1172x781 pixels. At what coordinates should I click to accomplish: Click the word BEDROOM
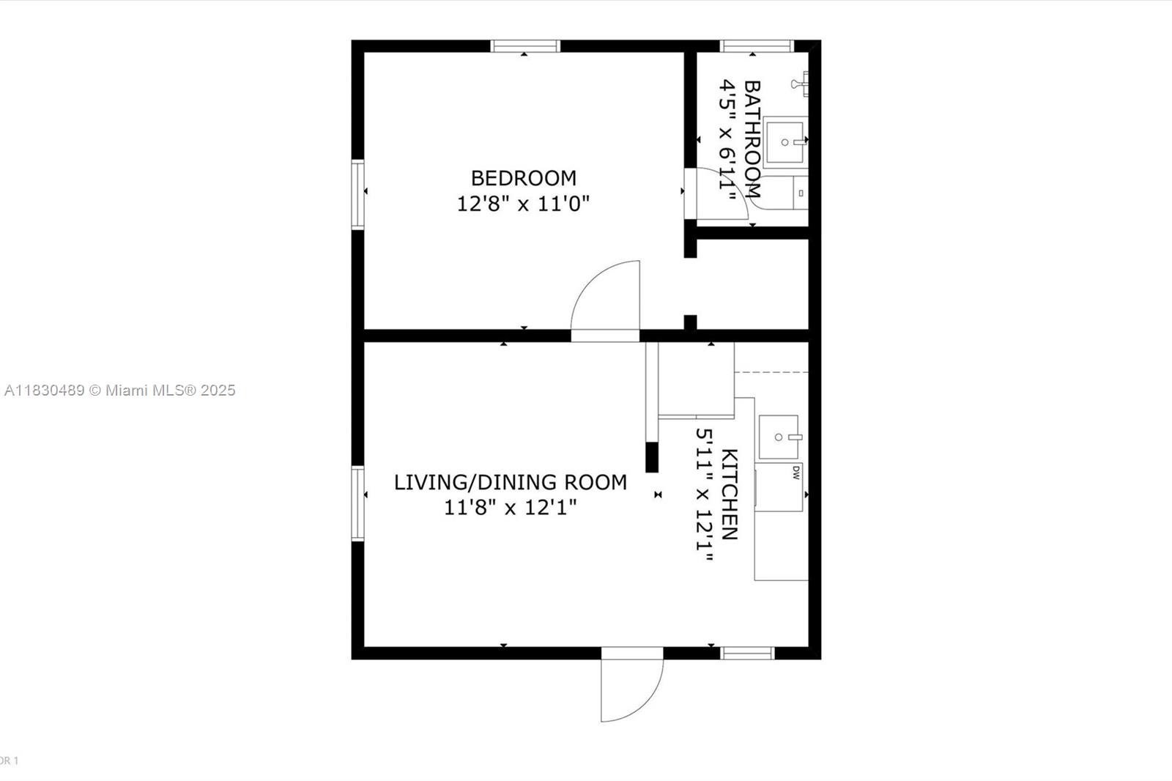523,178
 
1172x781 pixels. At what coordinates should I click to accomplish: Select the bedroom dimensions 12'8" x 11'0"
523,204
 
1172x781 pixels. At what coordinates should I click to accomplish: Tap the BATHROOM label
752,139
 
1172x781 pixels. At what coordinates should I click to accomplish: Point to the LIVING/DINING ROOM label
510,482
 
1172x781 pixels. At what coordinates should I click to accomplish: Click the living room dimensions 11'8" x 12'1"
510,507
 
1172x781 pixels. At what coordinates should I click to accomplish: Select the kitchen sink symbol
779,437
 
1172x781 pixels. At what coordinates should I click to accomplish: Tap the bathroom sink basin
785,142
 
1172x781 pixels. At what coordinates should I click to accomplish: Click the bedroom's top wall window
525,46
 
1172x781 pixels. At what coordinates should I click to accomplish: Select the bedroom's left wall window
357,194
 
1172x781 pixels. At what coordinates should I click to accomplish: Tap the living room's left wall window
357,503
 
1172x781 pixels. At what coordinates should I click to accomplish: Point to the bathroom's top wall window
757,46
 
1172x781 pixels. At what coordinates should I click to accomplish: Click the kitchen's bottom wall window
747,653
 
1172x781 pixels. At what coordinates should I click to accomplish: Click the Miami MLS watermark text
119,390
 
